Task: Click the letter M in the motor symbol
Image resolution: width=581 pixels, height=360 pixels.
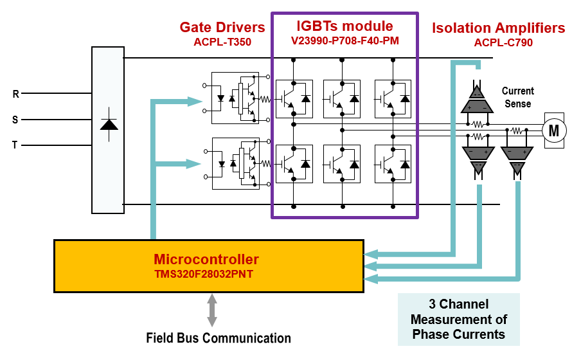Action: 553,130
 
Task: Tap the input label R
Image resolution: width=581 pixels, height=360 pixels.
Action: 15,94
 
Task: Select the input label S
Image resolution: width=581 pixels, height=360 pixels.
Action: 15,120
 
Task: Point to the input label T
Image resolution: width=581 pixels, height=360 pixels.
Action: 15,145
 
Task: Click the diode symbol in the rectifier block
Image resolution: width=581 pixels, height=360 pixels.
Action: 109,125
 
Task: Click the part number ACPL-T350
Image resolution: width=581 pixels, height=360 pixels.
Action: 222,42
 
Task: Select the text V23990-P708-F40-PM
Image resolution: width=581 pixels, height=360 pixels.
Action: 345,40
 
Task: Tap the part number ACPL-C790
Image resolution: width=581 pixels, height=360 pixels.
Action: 503,42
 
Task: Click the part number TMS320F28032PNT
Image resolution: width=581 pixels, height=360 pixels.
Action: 204,274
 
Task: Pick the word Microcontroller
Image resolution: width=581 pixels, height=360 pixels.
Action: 206,259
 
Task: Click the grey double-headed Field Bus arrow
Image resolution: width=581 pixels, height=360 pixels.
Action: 212,310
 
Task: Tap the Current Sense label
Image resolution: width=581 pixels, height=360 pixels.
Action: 517,97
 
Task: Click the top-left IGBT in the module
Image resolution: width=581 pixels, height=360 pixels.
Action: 294,99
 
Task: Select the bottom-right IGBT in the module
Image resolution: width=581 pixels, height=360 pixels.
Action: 393,164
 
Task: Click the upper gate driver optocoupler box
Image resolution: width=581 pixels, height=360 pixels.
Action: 235,98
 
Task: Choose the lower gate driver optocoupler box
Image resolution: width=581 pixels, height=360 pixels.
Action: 236,163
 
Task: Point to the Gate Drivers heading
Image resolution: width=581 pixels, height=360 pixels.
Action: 222,27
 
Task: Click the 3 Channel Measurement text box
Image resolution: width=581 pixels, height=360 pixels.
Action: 459,319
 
